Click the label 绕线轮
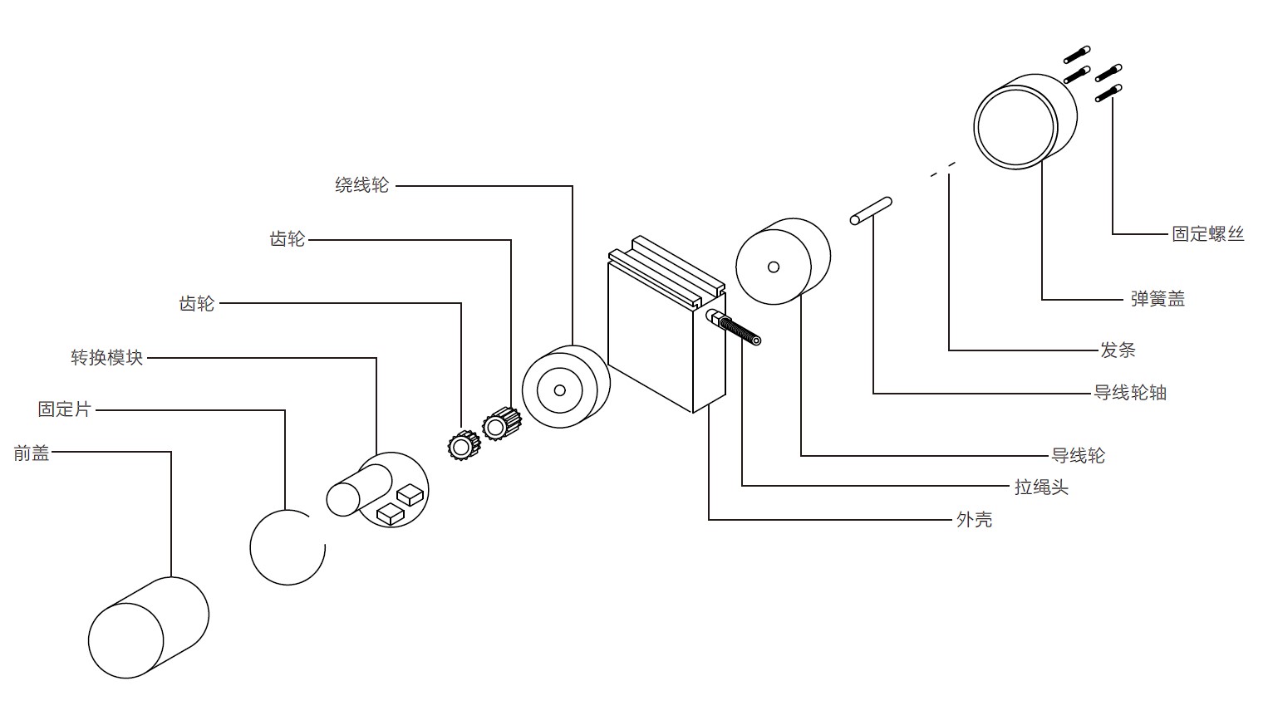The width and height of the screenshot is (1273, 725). pos(361,185)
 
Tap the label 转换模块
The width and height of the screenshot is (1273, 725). pos(106,358)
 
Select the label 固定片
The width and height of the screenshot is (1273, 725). pos(64,409)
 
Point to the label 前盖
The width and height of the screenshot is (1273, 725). pos(32,453)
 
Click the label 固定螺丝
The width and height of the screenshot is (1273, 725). pos(1207,234)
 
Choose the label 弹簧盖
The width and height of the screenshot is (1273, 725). pos(1157,299)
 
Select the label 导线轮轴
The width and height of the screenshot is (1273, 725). pos(1129,392)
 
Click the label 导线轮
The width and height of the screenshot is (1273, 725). pos(1078,455)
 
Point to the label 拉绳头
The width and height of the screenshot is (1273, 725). pos(1040,487)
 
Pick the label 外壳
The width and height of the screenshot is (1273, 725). pos(974,520)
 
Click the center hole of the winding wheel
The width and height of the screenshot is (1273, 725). pos(559,390)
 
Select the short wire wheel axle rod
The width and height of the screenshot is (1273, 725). pos(870,211)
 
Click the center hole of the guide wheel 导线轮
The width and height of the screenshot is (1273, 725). pos(773,267)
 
